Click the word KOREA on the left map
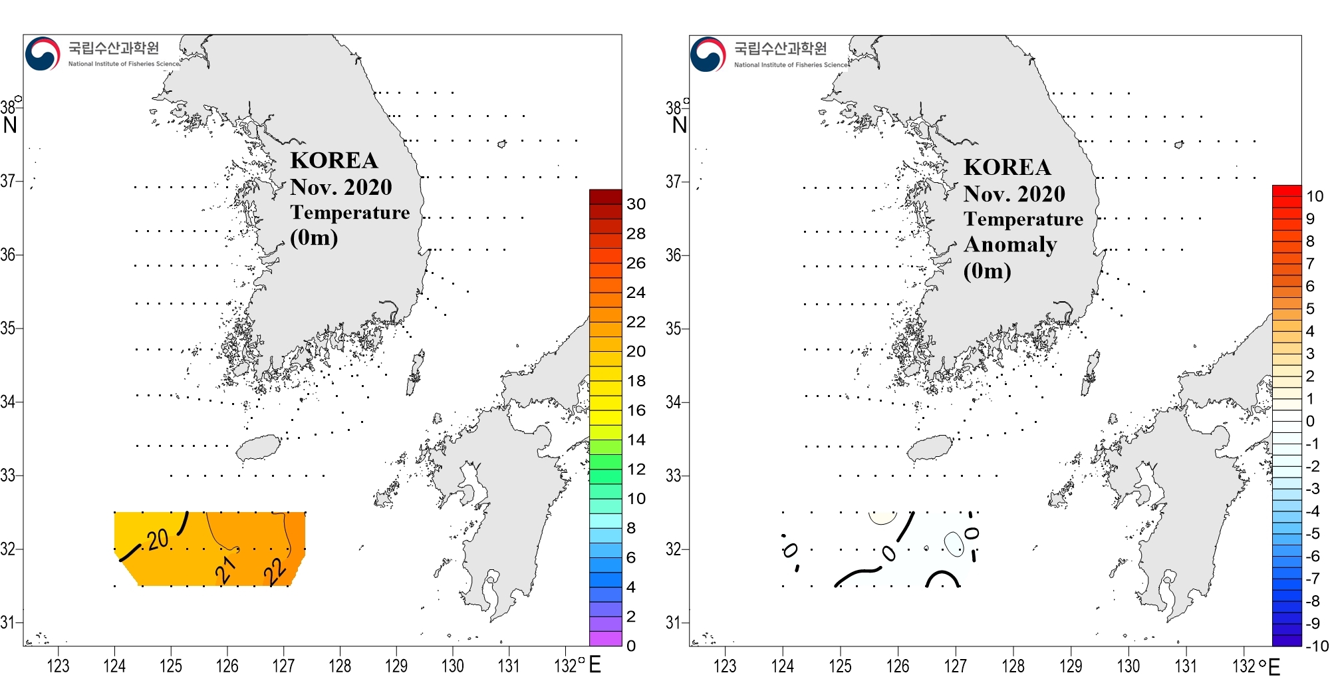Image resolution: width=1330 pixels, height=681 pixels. click(x=334, y=160)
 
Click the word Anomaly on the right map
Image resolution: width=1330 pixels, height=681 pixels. click(x=1010, y=245)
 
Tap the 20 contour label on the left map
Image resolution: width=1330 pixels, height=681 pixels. click(x=158, y=539)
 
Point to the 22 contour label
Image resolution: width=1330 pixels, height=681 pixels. click(x=275, y=570)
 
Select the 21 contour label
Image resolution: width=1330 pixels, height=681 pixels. click(x=226, y=569)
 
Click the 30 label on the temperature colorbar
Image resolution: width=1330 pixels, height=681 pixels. click(x=636, y=204)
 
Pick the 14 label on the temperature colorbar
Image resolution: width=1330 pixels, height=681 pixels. click(x=636, y=440)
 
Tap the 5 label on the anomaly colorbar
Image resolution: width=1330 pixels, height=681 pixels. click(x=1310, y=309)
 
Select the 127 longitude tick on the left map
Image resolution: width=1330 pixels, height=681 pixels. click(x=283, y=666)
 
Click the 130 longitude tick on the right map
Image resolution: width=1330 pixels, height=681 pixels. click(x=1129, y=666)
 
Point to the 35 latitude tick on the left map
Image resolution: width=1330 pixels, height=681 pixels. click(x=8, y=328)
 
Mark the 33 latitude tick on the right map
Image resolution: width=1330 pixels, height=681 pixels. click(x=674, y=476)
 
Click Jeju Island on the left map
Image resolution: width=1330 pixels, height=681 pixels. click(x=259, y=448)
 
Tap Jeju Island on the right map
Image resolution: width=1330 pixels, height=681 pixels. click(x=930, y=448)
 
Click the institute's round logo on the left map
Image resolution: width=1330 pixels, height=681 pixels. click(x=43, y=53)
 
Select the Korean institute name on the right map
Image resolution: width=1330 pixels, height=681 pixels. click(x=780, y=48)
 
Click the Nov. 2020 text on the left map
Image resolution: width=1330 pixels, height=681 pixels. click(x=340, y=187)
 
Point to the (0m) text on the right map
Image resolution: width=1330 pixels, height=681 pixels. click(x=987, y=271)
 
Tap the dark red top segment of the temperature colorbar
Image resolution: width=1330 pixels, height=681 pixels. click(x=605, y=196)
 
